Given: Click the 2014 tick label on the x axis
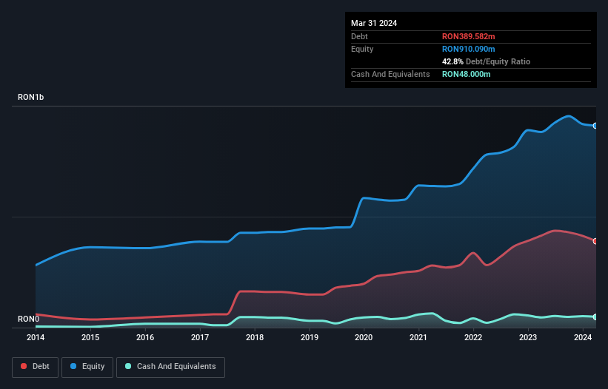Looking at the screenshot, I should (x=36, y=338).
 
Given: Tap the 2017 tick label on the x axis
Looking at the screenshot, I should (x=200, y=338).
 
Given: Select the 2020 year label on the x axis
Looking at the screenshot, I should (x=364, y=338).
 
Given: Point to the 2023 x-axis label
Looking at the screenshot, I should (x=528, y=338).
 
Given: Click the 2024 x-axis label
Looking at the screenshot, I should (x=583, y=338).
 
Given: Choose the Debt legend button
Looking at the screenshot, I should (x=34, y=367).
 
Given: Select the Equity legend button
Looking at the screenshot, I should (x=87, y=367).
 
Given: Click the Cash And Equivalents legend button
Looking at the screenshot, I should (x=170, y=367).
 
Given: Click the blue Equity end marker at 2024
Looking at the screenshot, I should (x=595, y=126).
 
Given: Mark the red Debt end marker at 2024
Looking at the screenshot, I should (x=595, y=241).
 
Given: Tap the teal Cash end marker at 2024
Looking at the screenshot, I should (x=595, y=317).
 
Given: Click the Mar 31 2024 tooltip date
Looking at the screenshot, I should (x=374, y=23).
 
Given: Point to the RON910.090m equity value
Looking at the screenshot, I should (x=468, y=49).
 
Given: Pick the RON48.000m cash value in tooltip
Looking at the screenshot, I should (x=467, y=74).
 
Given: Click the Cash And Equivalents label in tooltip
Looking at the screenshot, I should (x=390, y=74).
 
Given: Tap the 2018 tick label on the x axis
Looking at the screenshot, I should (x=255, y=338).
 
